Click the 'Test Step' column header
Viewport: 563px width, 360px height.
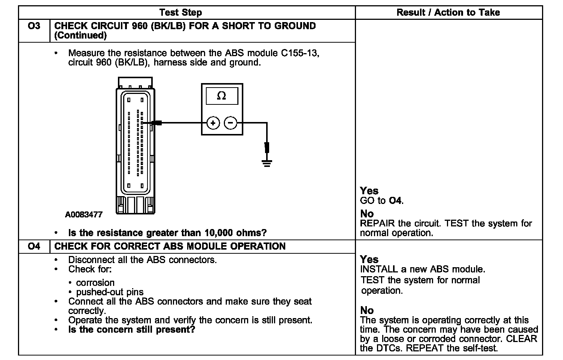coord(180,12)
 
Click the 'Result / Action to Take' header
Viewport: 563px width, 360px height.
coord(448,12)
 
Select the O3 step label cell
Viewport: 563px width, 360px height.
coord(34,26)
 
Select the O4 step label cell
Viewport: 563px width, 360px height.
coord(34,246)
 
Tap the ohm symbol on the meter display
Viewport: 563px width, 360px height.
coord(221,96)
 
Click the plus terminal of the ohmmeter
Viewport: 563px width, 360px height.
coord(213,123)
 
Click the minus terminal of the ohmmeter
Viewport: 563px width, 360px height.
coord(231,123)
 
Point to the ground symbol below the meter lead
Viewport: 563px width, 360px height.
coord(267,163)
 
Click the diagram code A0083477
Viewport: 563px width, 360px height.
coord(83,215)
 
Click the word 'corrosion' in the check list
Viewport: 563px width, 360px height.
coord(95,283)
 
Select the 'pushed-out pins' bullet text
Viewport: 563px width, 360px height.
coord(110,292)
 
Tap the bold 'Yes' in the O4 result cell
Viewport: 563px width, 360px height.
coord(369,259)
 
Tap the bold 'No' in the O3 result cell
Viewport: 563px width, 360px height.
coord(367,214)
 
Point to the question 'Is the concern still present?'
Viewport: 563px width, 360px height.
coord(131,330)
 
